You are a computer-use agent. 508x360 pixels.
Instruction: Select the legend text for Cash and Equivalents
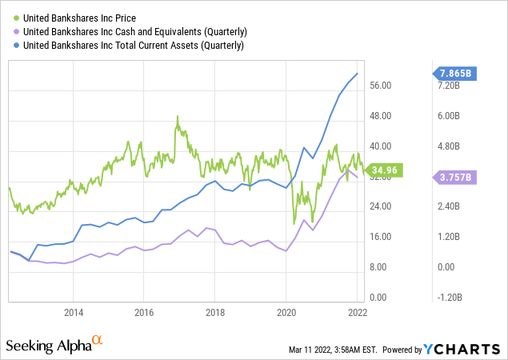(x=132, y=31)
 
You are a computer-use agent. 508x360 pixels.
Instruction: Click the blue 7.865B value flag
(x=455, y=74)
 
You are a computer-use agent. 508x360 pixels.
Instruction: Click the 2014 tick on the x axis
(x=74, y=312)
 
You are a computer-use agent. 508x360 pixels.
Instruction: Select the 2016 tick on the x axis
(x=144, y=312)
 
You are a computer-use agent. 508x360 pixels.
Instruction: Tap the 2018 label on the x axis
(x=214, y=312)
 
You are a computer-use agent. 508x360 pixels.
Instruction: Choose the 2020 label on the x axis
(x=286, y=312)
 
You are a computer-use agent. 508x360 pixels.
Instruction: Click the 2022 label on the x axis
(x=356, y=312)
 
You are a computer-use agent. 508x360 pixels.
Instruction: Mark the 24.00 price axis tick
(x=386, y=206)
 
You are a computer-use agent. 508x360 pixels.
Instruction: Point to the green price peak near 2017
(x=178, y=117)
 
